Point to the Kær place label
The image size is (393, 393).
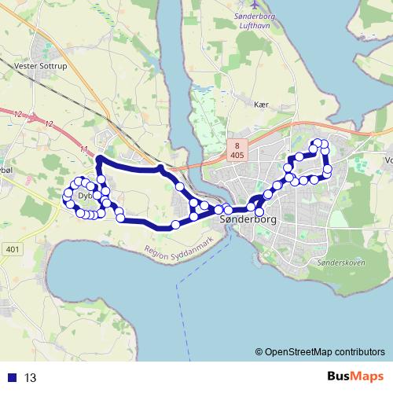[262, 104]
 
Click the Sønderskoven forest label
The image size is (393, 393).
[335, 263]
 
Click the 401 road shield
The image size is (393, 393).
[11, 248]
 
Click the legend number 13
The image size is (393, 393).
[31, 377]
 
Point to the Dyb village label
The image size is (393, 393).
[85, 196]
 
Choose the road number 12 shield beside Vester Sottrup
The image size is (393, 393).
[49, 124]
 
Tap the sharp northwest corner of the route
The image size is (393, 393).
[98, 160]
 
